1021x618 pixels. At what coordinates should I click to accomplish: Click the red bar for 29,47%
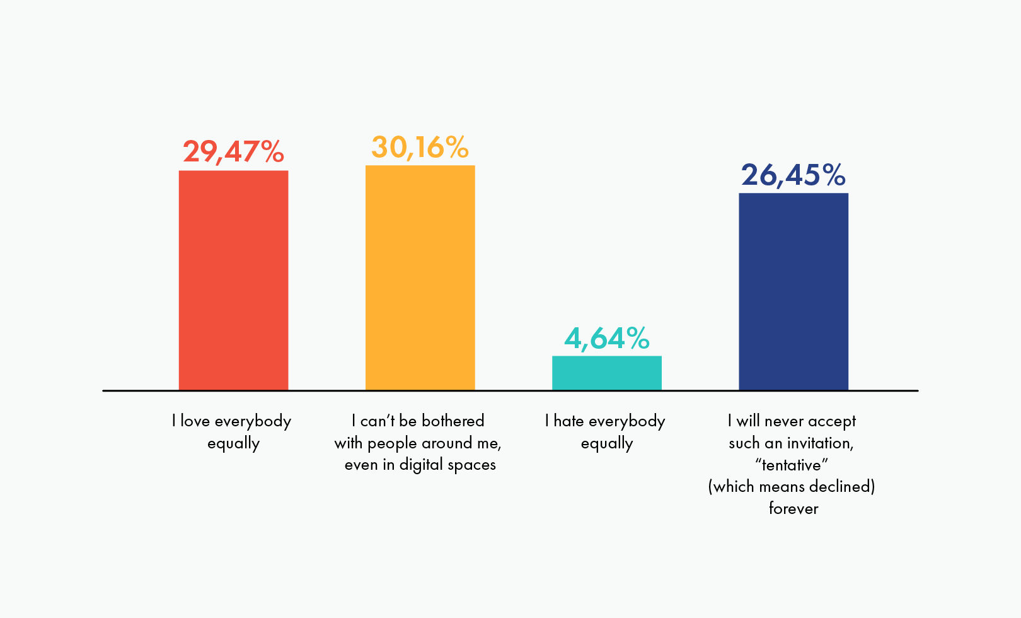click(x=233, y=280)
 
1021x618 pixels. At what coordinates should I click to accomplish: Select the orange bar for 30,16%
click(x=420, y=277)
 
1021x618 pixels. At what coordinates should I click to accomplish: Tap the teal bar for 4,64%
click(x=606, y=373)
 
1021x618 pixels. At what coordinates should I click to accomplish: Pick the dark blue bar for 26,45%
click(x=793, y=291)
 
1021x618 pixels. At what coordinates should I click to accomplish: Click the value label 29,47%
click(x=233, y=152)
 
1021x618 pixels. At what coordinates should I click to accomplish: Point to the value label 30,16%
click(x=420, y=148)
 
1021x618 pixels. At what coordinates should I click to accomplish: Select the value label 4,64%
click(x=606, y=339)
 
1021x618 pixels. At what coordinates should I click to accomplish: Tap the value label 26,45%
click(x=793, y=175)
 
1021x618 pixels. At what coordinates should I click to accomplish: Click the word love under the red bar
click(x=195, y=421)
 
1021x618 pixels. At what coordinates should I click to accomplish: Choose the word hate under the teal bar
click(x=568, y=421)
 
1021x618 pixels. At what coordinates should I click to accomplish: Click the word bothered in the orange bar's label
click(x=453, y=421)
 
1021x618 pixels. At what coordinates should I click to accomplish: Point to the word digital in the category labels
click(x=422, y=465)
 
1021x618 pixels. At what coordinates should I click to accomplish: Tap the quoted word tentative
click(x=792, y=465)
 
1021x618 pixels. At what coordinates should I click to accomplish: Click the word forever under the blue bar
click(x=793, y=508)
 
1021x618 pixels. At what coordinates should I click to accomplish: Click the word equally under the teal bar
click(x=606, y=443)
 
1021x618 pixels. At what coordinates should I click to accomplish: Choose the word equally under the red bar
click(x=233, y=443)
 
